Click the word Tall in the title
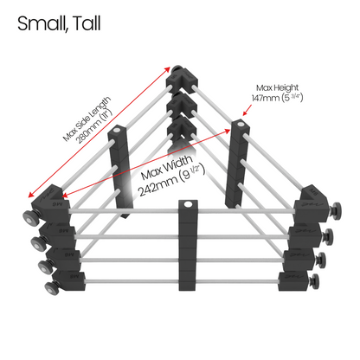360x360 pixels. pos(87,23)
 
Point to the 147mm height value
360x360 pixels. pos(277,98)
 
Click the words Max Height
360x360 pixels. pos(277,87)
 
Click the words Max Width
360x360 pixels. pos(167,167)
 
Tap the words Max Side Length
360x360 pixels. pos(87,119)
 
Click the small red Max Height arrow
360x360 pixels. pos(247,110)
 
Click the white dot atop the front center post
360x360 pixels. pos(188,204)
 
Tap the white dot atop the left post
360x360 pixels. pos(117,131)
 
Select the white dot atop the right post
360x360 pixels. pos(240,125)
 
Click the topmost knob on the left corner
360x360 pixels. pos(30,217)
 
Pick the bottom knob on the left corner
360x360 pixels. pos(52,288)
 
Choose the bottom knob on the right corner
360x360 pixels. pos(314,281)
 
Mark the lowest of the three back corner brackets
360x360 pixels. pos(182,129)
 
